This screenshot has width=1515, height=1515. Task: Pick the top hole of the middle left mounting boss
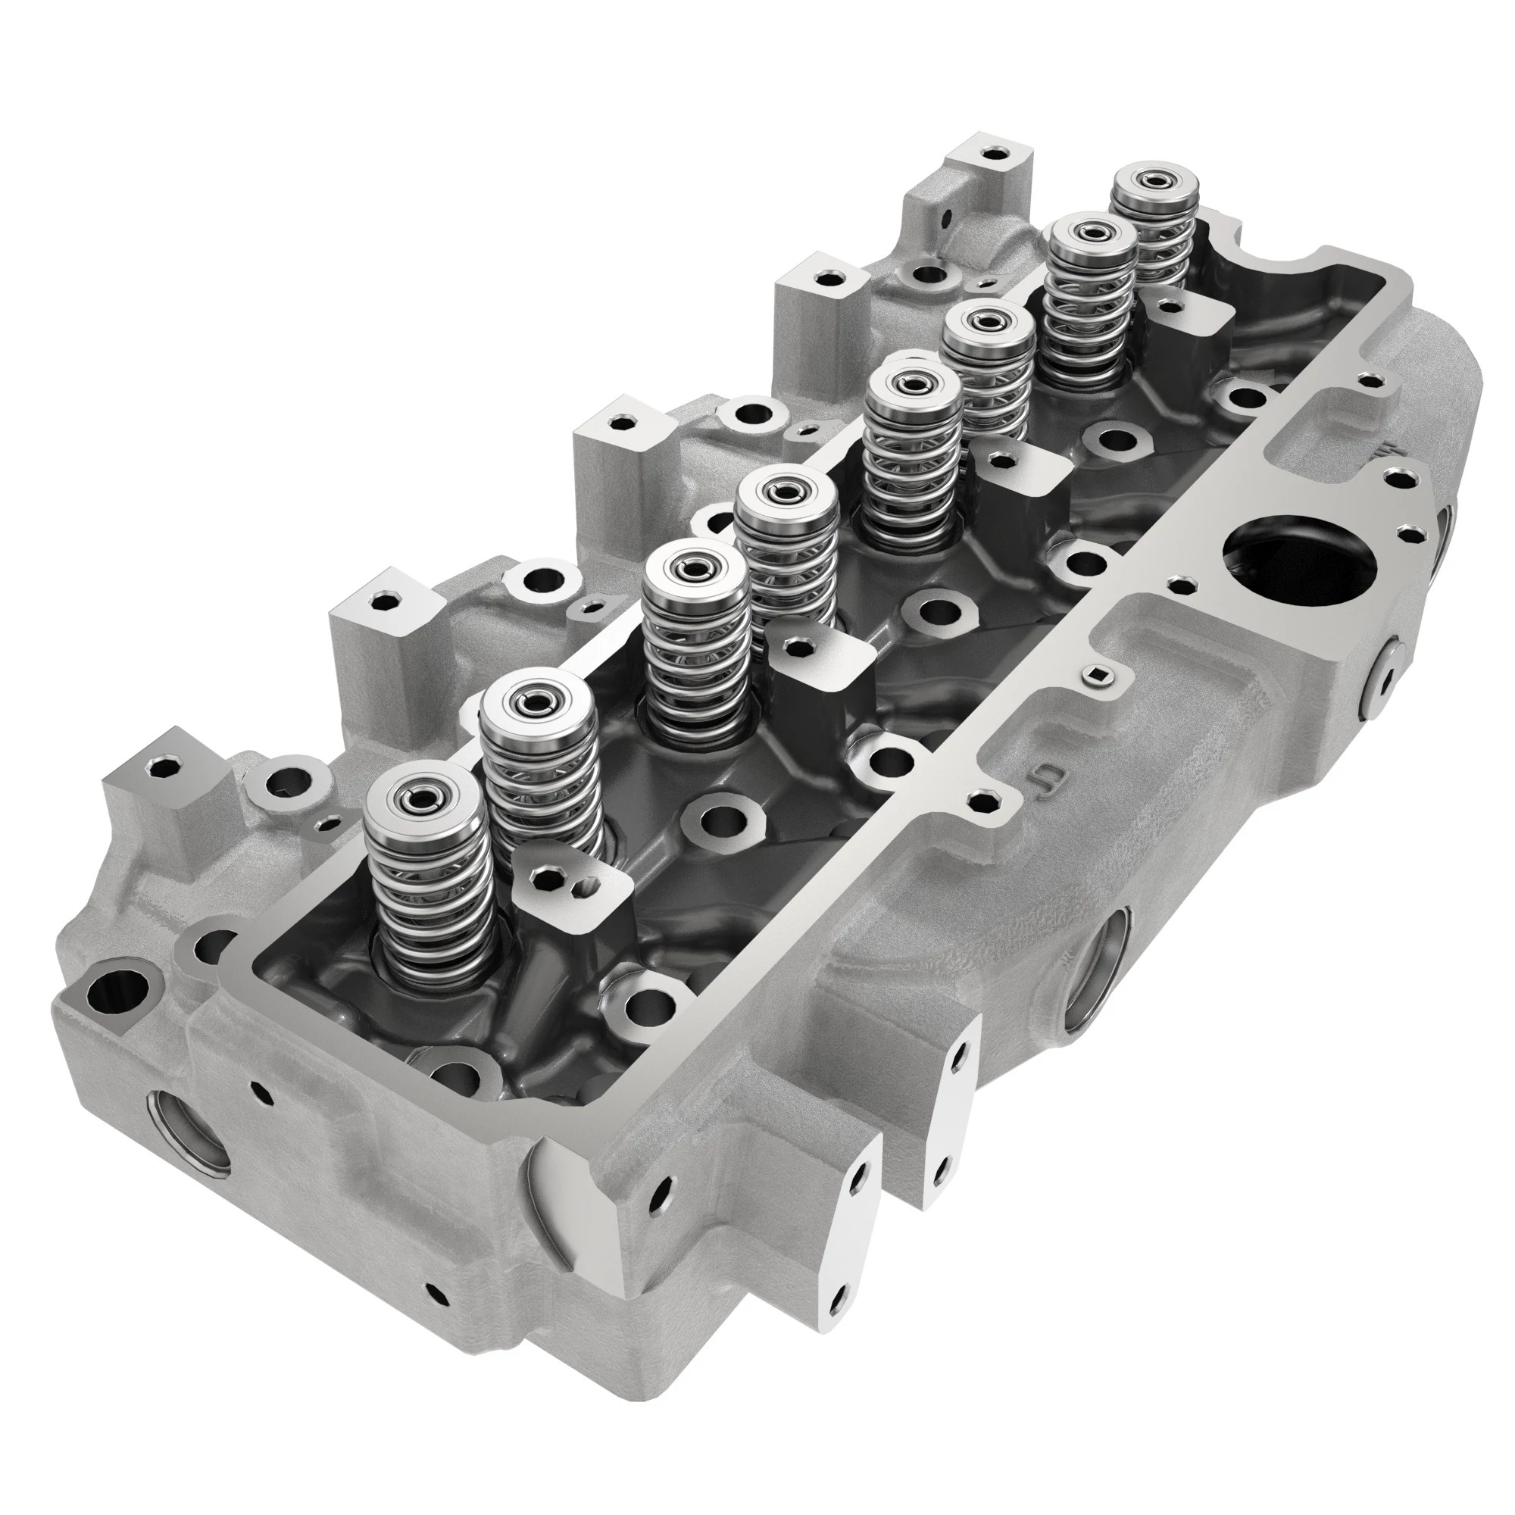(x=622, y=423)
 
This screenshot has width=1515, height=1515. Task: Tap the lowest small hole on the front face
(x=432, y=1289)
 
